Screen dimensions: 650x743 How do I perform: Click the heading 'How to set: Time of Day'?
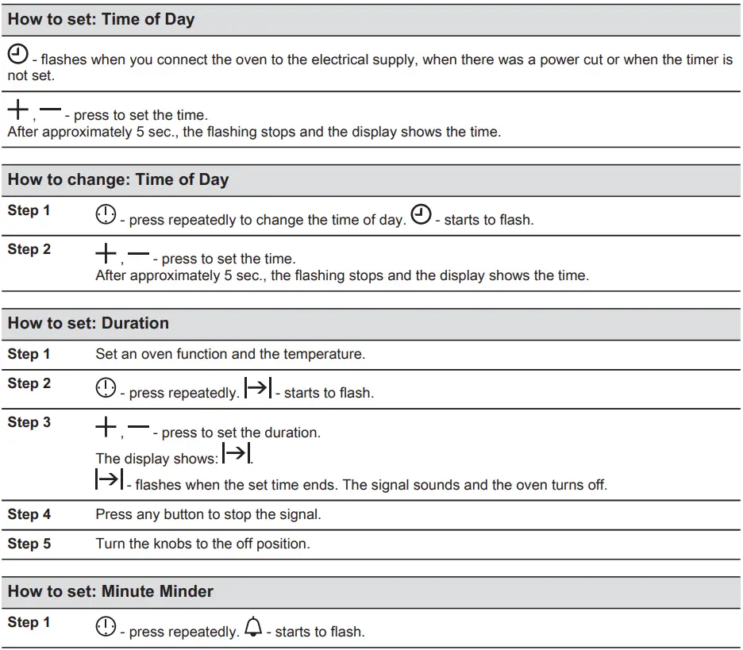pyautogui.click(x=101, y=20)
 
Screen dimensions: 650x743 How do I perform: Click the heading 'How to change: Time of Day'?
pyautogui.click(x=117, y=179)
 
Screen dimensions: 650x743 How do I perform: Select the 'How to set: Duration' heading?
pyautogui.click(x=88, y=323)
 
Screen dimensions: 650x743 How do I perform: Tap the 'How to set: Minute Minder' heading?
pyautogui.click(x=110, y=591)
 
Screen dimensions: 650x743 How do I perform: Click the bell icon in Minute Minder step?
pyautogui.click(x=252, y=629)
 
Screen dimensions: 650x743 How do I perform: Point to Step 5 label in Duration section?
pyautogui.click(x=29, y=544)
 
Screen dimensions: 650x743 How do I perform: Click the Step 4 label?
pyautogui.click(x=29, y=514)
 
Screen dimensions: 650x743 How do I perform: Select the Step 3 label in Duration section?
pyautogui.click(x=29, y=422)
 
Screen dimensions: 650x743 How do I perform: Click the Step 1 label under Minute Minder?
pyautogui.click(x=29, y=622)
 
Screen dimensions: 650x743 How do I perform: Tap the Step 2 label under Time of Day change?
pyautogui.click(x=29, y=249)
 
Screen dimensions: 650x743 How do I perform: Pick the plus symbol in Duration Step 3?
pyautogui.click(x=106, y=429)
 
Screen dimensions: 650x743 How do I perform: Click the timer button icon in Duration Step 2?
pyautogui.click(x=106, y=388)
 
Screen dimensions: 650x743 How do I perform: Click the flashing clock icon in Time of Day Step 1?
pyautogui.click(x=422, y=215)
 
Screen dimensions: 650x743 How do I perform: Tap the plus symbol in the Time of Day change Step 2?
pyautogui.click(x=106, y=255)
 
